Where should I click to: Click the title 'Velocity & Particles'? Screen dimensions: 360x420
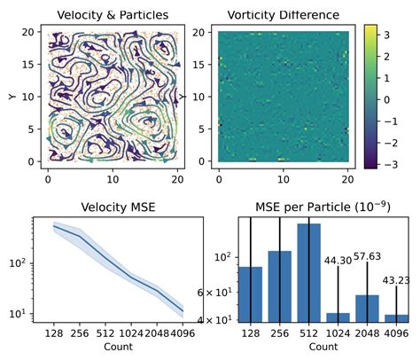click(112, 14)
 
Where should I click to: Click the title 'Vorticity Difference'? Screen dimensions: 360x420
click(284, 14)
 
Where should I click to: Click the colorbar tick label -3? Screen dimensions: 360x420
click(393, 164)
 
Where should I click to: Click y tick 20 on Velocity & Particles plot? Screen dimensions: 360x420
click(27, 31)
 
